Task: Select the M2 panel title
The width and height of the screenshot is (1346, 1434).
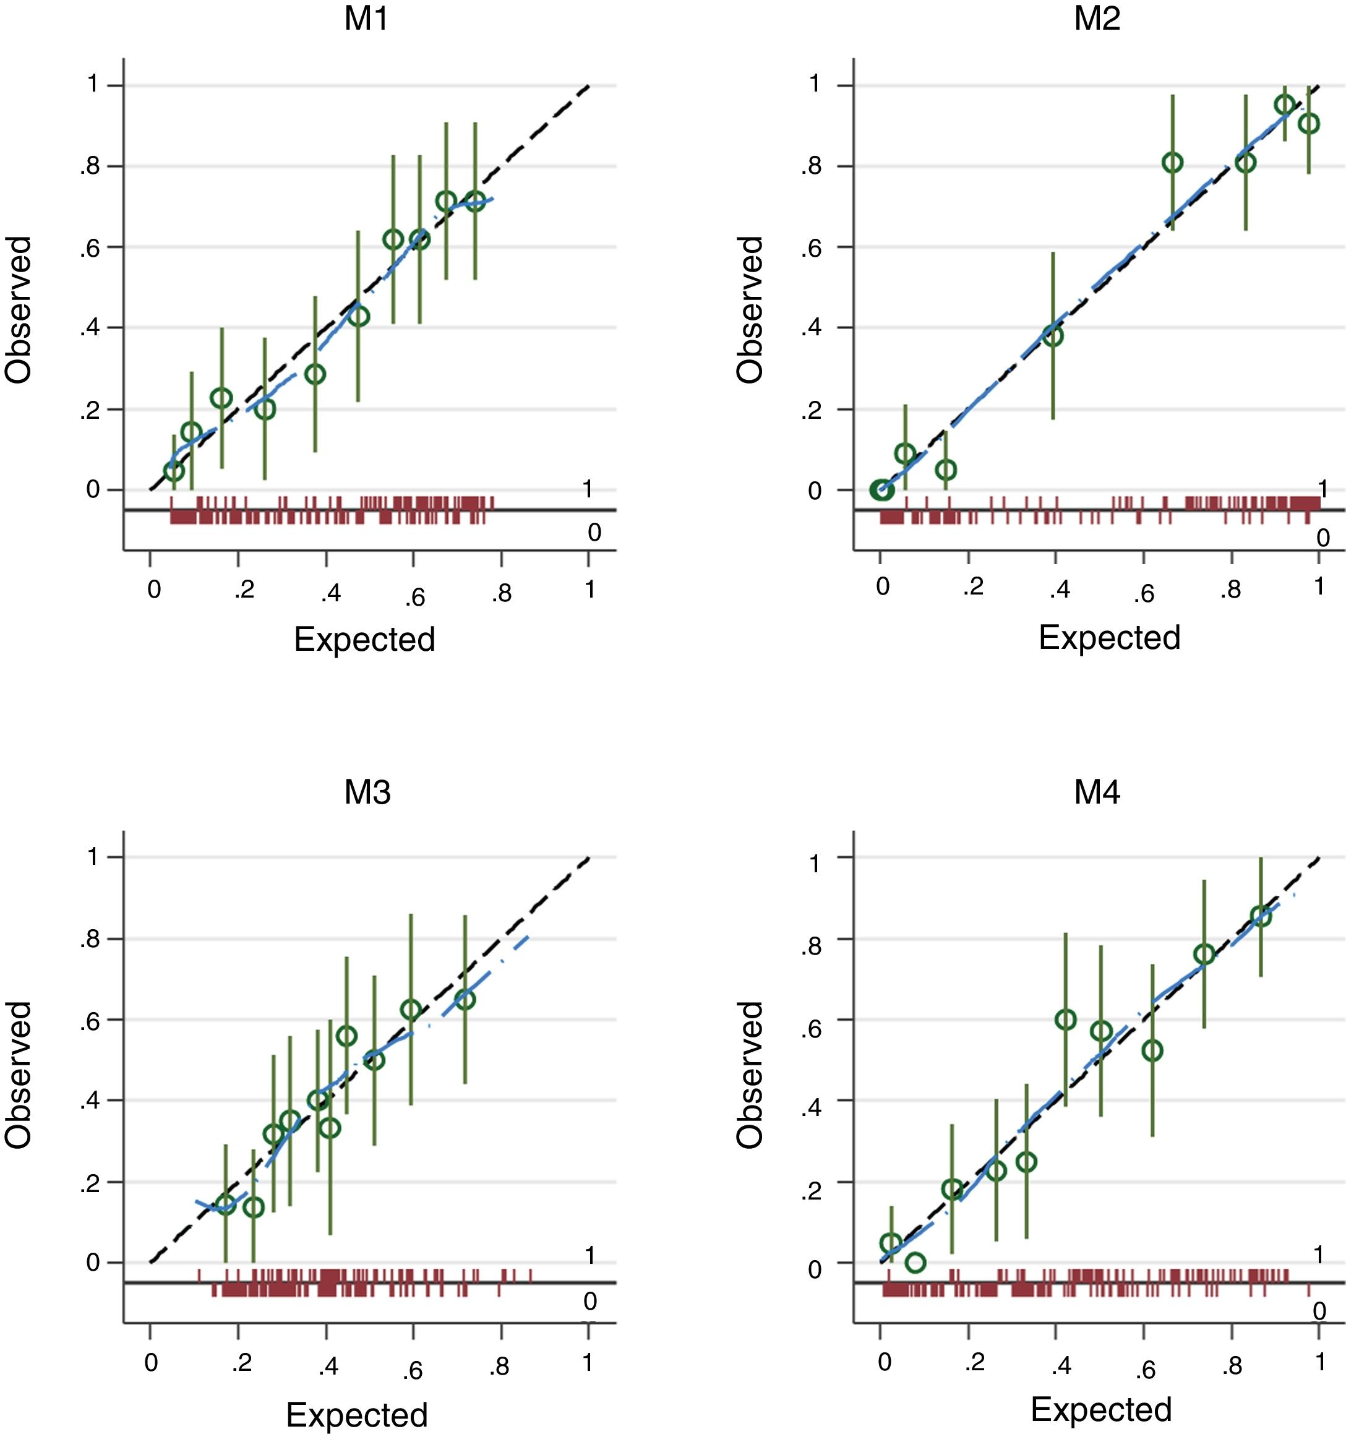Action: (x=1097, y=19)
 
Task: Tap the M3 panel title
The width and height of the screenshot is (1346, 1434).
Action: (x=367, y=792)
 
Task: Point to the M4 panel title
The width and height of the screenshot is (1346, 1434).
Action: (x=1097, y=792)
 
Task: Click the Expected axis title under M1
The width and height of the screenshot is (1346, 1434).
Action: (x=364, y=639)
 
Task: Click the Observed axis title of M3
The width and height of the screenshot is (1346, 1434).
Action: (x=19, y=1075)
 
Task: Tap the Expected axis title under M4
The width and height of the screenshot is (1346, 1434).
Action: (x=1102, y=1408)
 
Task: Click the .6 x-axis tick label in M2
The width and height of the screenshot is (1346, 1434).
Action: (x=1143, y=593)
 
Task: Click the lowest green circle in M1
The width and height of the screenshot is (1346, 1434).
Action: (x=174, y=471)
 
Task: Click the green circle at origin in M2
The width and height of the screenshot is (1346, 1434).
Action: (x=881, y=491)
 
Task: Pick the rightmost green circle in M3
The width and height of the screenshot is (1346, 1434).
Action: (x=465, y=999)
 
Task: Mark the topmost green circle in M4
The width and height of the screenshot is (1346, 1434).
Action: (x=1260, y=916)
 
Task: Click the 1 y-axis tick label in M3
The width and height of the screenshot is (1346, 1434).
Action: (x=93, y=857)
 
